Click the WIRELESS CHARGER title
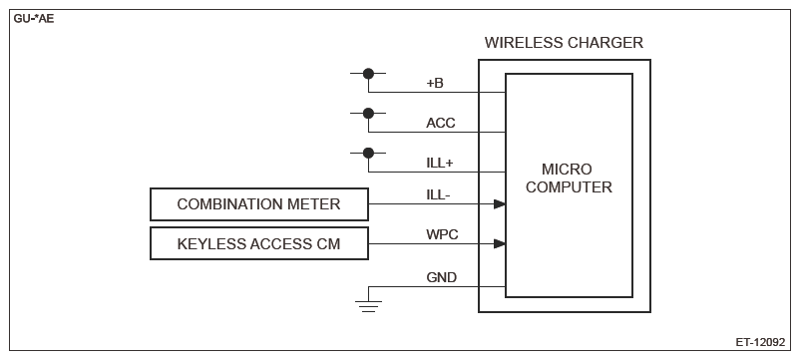[564, 42]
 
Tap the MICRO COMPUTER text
[569, 178]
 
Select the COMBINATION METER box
[259, 204]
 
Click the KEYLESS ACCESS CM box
[259, 243]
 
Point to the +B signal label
[435, 83]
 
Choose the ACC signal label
[441, 123]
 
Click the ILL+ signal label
[440, 163]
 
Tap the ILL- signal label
[438, 194]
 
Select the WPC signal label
[442, 234]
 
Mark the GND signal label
[442, 277]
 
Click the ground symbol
[368, 306]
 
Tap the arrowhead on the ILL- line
[500, 204]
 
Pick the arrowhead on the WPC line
[500, 243]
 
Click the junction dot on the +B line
[368, 74]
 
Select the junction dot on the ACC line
[368, 114]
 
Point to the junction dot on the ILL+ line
[368, 153]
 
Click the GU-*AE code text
[34, 20]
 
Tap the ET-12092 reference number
[760, 342]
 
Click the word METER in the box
[317, 204]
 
